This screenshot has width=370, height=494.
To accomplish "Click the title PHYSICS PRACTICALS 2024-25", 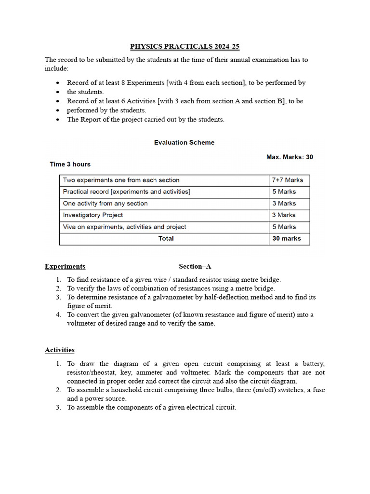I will click(185, 46).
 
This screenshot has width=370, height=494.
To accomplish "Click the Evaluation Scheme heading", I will click(184, 142).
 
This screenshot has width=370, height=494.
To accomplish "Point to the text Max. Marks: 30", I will click(290, 157).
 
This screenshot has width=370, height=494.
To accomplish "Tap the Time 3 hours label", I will click(70, 164).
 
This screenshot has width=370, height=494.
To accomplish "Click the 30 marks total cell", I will click(286, 238).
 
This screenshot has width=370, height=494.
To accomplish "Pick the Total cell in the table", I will click(166, 238).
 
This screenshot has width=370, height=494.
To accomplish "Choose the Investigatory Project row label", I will click(93, 215).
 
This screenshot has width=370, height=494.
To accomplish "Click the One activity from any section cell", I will click(105, 204).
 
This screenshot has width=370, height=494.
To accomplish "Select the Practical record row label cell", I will click(126, 192).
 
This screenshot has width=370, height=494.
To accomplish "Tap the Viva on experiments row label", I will click(124, 227).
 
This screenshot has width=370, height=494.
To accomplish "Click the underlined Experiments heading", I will click(65, 266).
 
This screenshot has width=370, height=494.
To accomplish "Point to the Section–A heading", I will click(195, 266).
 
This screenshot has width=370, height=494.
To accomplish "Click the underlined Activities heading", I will click(60, 350).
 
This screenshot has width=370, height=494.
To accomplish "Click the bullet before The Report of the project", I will click(58, 120).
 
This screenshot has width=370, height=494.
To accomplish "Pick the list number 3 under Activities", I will click(58, 408).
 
